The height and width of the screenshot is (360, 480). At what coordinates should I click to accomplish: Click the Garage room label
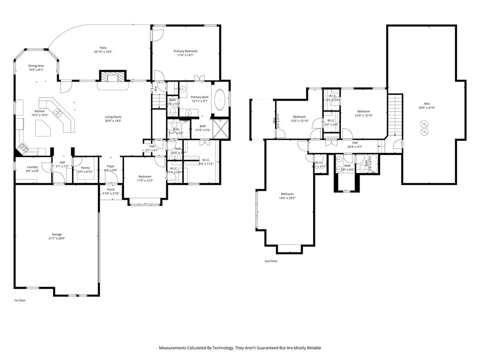click(x=56, y=236)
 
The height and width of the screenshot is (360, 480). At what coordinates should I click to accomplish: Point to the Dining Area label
click(x=36, y=68)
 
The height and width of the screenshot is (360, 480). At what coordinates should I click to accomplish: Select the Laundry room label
click(x=32, y=169)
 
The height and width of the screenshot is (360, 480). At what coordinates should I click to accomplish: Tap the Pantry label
click(x=85, y=170)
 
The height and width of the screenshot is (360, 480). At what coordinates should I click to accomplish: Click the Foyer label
click(x=111, y=168)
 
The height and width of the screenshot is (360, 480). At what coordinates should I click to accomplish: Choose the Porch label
click(x=111, y=191)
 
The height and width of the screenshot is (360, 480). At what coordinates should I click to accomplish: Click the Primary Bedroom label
click(x=185, y=53)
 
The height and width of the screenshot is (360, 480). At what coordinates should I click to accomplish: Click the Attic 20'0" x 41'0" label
click(x=427, y=106)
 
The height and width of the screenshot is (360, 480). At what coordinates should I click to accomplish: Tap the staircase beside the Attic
click(x=395, y=114)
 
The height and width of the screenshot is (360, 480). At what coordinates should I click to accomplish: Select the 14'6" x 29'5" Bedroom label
click(x=287, y=196)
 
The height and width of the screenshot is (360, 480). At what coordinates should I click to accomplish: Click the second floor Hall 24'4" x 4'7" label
click(x=355, y=144)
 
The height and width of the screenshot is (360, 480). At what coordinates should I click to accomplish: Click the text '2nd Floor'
click(x=271, y=261)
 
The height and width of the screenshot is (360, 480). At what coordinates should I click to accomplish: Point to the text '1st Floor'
click(x=20, y=300)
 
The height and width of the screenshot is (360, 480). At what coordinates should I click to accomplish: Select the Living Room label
click(x=113, y=118)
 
